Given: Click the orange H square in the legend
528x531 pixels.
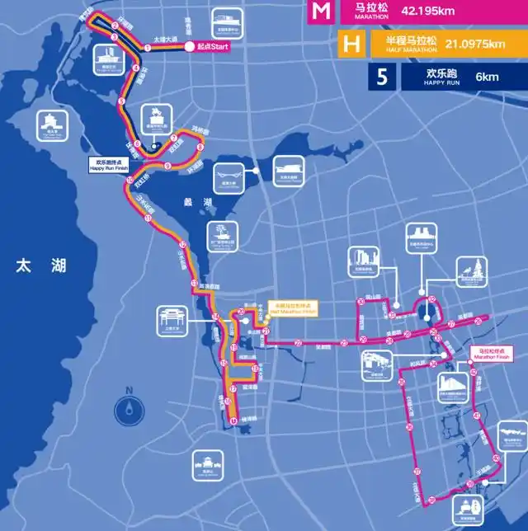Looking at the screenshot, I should [351, 45].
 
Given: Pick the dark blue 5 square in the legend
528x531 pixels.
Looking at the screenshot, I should [380, 78].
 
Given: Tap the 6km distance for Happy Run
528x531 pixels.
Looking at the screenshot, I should [487, 78].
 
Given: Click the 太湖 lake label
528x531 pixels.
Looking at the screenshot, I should [40, 266].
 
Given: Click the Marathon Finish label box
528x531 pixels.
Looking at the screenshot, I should [491, 353].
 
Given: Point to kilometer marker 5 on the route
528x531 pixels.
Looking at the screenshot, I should [121, 101].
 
